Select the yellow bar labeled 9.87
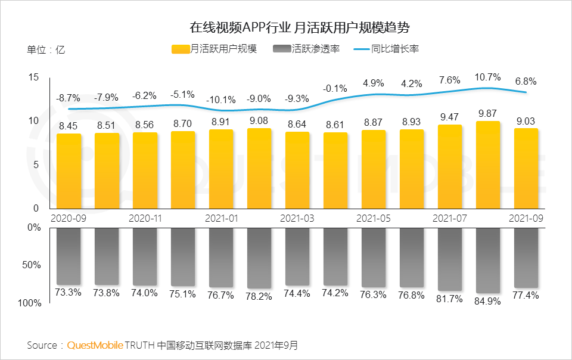[487, 165]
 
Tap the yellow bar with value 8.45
[69, 171]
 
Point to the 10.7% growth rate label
[487, 77]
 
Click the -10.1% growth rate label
[220, 100]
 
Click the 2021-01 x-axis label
[221, 219]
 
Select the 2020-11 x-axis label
[145, 219]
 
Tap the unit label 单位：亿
[46, 50]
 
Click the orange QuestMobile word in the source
[95, 345]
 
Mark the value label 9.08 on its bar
[259, 121]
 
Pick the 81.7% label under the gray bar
[450, 299]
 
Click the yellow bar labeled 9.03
[526, 168]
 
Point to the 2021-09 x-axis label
[526, 219]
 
